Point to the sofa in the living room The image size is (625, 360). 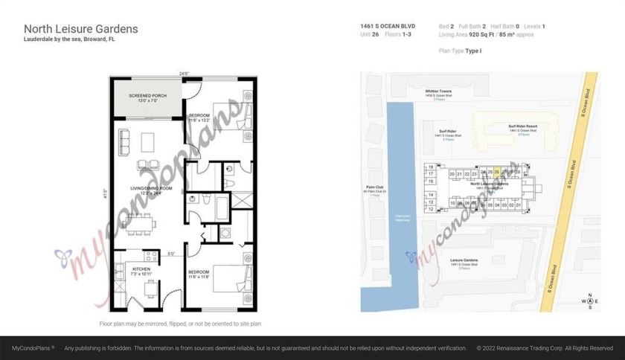click(x=124, y=140)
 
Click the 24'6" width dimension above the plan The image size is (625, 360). click(x=183, y=73)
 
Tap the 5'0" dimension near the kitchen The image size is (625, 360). click(x=170, y=254)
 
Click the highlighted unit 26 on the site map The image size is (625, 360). click(x=497, y=172)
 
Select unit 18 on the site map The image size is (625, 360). click(x=431, y=167)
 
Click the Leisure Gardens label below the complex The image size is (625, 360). click(x=464, y=261)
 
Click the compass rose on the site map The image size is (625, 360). click(x=589, y=300)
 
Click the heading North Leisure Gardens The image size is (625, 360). click(x=81, y=28)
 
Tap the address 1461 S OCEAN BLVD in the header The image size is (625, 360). click(x=388, y=26)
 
